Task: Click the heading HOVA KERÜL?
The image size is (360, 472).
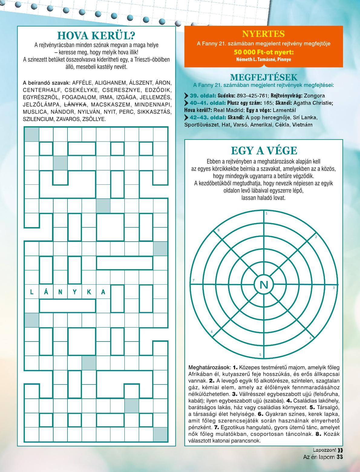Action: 96,35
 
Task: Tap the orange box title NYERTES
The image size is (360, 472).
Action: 263,34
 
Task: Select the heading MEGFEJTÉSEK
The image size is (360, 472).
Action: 263,77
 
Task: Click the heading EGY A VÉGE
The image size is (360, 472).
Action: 264,150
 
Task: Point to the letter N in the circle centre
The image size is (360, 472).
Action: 264,285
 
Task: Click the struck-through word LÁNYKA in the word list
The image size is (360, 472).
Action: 75,105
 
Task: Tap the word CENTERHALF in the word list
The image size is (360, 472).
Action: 42,90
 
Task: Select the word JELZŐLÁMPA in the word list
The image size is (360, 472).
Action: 42,105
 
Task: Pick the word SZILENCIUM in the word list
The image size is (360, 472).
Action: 38,119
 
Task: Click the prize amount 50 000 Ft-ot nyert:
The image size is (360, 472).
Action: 263,52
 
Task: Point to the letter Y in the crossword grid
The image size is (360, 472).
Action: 75,292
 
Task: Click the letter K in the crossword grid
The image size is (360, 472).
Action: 89,292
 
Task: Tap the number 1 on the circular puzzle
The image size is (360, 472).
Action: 267,213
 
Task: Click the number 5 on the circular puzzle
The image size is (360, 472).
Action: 260,355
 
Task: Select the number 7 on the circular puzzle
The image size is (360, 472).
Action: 194,280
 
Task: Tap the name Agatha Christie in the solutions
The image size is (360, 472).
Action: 313,103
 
